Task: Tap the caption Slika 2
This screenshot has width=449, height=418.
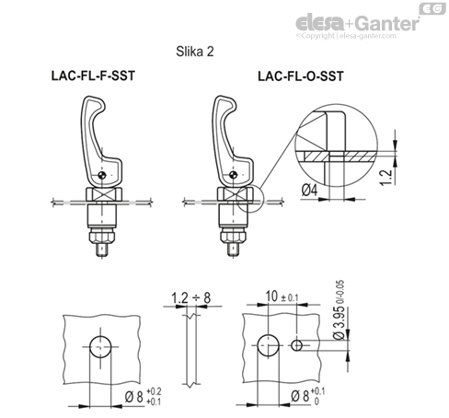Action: (194, 52)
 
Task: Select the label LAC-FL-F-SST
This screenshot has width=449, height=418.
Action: (93, 79)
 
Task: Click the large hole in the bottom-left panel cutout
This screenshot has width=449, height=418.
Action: (100, 346)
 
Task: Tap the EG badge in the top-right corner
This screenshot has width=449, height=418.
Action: (433, 8)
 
